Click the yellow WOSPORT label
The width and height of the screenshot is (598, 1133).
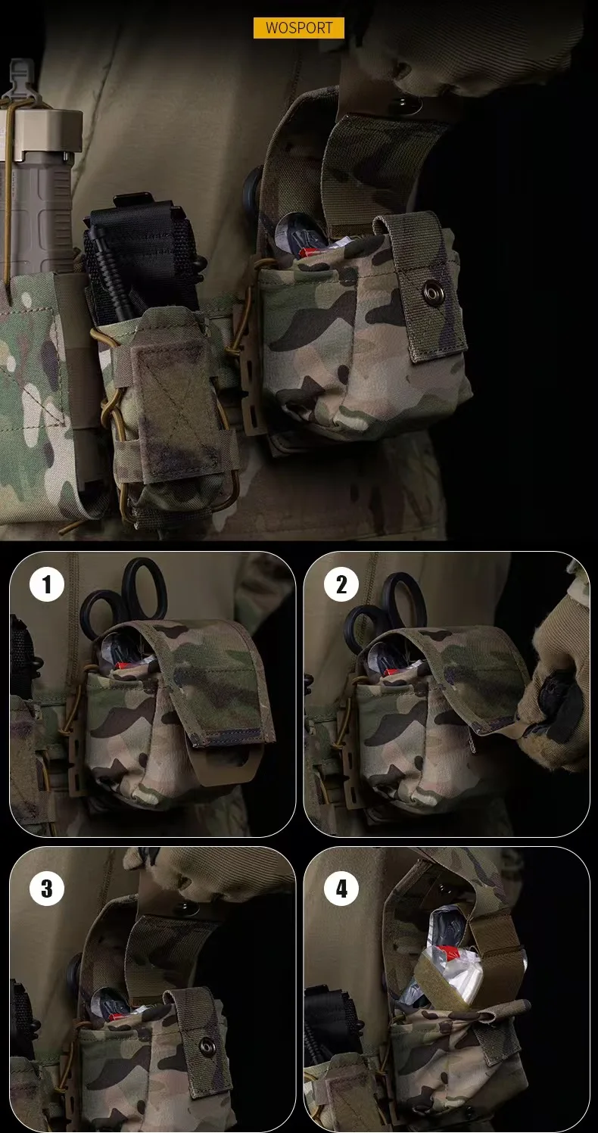[298, 28]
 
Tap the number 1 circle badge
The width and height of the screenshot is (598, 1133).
[47, 585]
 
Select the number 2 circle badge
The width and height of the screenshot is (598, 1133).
[341, 585]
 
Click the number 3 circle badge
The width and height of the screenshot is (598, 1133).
[47, 889]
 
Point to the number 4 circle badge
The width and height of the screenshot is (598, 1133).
[341, 889]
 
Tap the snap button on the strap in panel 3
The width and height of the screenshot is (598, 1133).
[207, 1046]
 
